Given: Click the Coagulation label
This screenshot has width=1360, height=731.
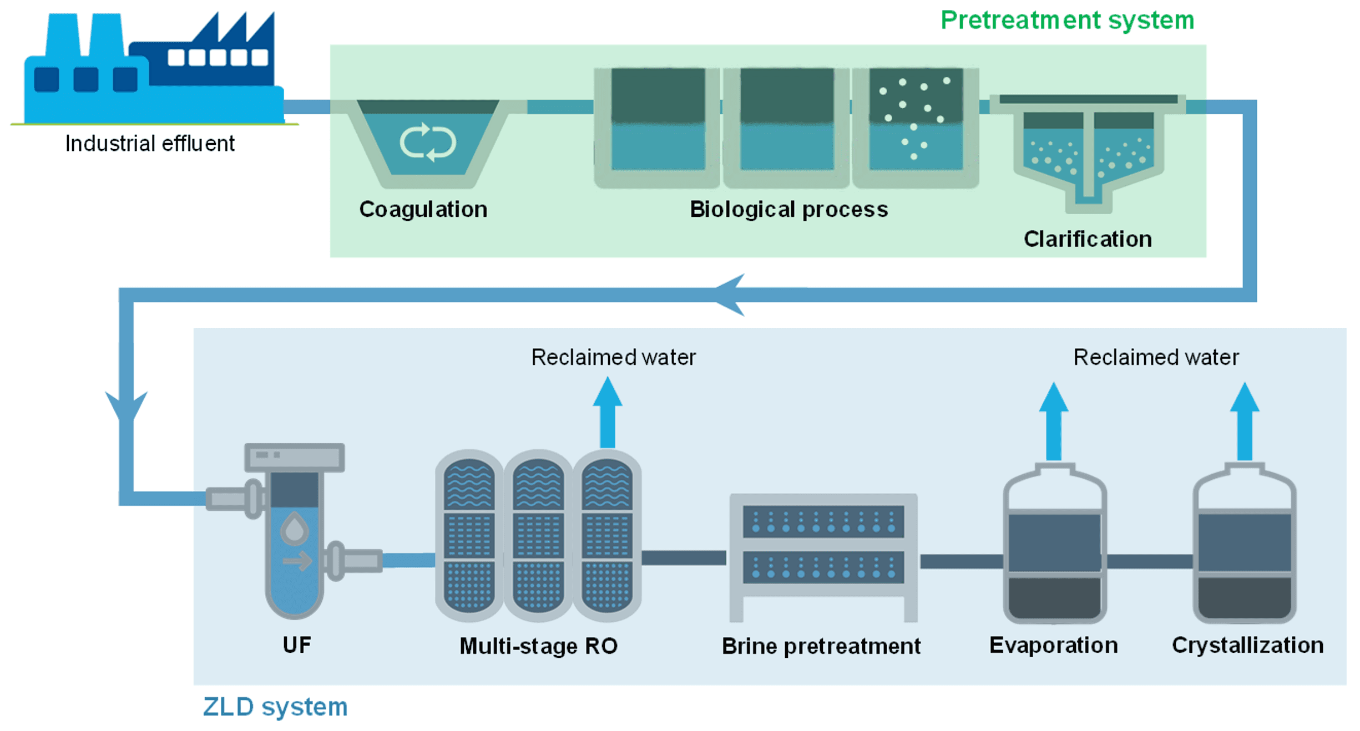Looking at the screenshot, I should (x=423, y=210).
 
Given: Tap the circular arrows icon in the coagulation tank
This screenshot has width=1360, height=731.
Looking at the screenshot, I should (x=428, y=142).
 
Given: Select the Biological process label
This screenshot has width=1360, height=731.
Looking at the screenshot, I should (x=788, y=210).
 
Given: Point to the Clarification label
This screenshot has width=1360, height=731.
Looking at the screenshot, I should (x=1087, y=239).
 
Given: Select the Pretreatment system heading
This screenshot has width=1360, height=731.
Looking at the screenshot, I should (x=1066, y=21).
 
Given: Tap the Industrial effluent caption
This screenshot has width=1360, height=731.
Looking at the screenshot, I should (x=150, y=144).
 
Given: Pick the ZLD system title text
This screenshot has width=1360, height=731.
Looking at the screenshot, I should (x=275, y=707).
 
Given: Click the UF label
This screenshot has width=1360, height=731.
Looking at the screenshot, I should (x=297, y=645).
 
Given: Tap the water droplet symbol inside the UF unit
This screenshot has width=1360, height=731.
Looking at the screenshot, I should (x=294, y=528).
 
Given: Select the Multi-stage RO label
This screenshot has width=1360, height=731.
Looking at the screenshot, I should (x=538, y=646).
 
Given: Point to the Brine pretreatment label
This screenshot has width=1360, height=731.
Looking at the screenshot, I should (x=821, y=646).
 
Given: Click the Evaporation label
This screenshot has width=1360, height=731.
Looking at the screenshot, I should (x=1053, y=645).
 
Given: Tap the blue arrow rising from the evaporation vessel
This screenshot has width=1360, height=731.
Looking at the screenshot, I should (x=1053, y=422).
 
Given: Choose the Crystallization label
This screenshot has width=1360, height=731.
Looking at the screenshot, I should (x=1247, y=645).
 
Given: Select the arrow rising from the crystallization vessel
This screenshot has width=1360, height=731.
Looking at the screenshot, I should (x=1244, y=422).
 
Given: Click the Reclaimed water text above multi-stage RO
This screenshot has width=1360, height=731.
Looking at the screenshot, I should (x=613, y=357).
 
